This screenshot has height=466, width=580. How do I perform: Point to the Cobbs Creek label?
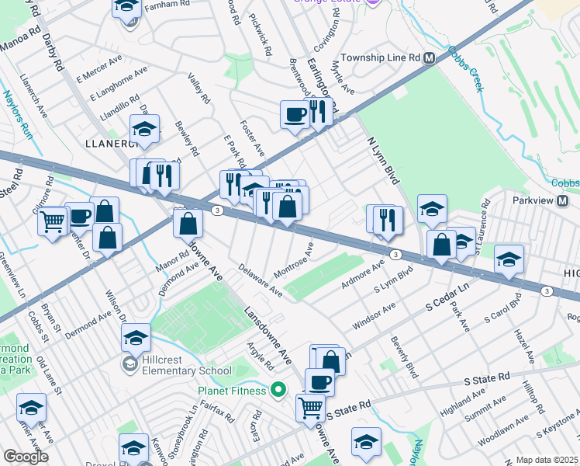point(464,69)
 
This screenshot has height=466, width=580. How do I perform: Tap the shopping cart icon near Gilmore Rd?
point(53,222)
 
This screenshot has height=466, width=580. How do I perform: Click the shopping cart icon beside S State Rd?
point(310,405)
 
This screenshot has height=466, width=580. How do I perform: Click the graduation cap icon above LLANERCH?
point(144,128)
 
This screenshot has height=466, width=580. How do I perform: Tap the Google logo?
point(26,457)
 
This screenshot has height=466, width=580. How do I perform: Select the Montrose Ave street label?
point(294,262)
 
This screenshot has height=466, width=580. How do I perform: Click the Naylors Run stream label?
point(15,111)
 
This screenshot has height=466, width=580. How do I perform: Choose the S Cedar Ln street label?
point(448,299)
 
